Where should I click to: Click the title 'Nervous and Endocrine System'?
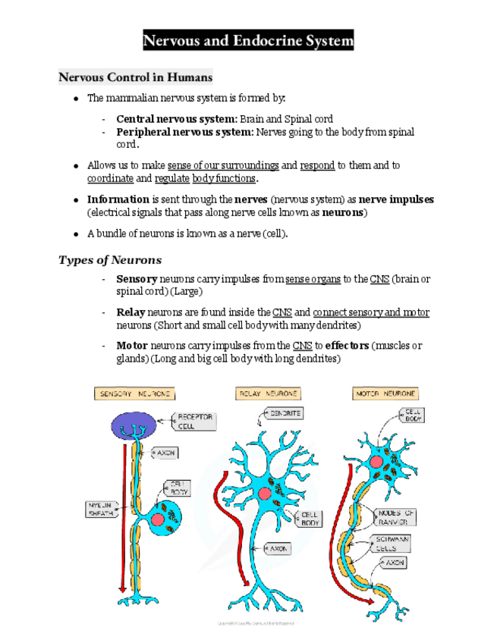(248, 40)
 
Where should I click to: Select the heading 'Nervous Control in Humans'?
(135, 77)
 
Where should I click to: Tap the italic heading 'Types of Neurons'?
(109, 260)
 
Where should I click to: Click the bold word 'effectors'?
(347, 346)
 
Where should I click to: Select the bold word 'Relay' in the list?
(131, 312)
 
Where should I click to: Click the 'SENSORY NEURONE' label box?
(134, 394)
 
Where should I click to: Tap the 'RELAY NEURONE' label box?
(269, 394)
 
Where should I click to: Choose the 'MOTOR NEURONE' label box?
(385, 394)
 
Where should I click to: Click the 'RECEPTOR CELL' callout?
(195, 422)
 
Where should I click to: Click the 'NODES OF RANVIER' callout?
(395, 517)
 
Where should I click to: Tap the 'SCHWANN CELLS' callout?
(393, 543)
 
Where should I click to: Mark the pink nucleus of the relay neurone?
(264, 494)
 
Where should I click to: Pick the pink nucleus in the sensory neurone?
(157, 519)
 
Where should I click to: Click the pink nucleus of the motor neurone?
(376, 462)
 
